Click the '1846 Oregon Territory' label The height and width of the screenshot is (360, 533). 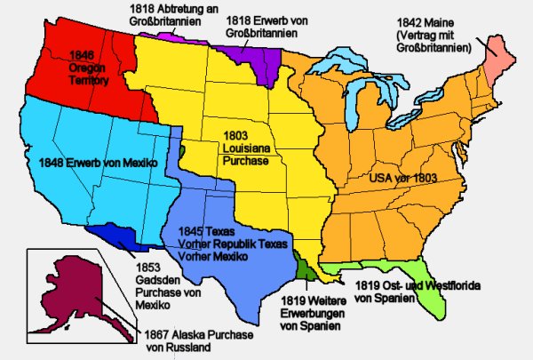(x=87, y=68)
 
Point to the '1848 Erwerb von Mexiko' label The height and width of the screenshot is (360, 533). (x=99, y=164)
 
